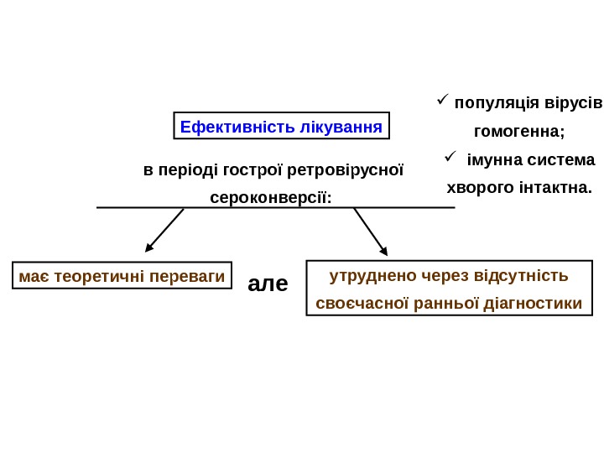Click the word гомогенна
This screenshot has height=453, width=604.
point(519,132)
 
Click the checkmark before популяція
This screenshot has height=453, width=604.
point(443,102)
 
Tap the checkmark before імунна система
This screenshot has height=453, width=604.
point(449,157)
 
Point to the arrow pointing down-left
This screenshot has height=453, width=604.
point(164,231)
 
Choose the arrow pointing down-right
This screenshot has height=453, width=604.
point(371,232)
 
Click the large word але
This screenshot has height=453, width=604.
point(268,284)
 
